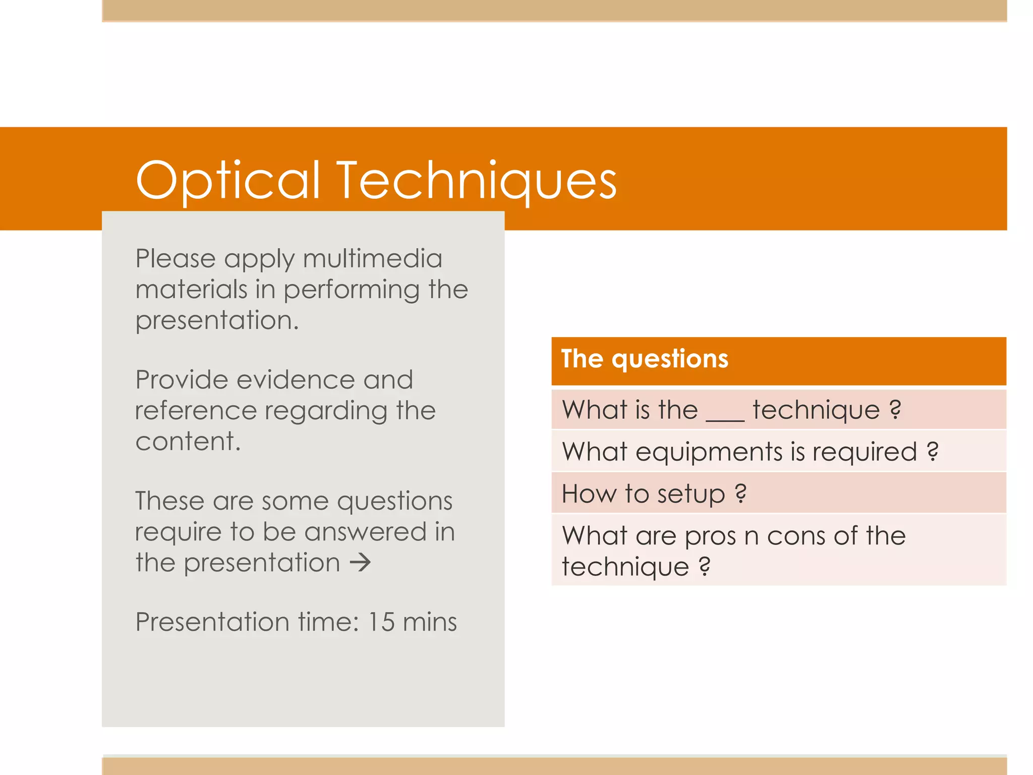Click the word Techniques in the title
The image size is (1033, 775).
477,181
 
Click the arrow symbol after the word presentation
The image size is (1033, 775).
361,563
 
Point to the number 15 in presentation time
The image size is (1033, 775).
381,622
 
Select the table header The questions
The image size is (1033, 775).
645,359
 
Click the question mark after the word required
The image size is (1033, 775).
933,452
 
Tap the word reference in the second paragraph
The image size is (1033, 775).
196,411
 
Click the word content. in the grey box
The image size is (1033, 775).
188,441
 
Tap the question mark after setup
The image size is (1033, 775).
740,493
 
